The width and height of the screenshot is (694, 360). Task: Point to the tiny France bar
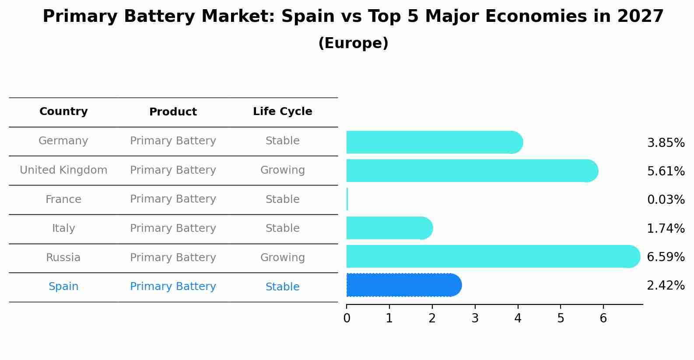pos(347,199)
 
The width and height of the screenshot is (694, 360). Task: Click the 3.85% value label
pos(666,143)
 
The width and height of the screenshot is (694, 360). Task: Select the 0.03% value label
pos(666,200)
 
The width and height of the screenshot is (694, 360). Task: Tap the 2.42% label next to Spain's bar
pos(666,286)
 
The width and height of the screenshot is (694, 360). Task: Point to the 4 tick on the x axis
pos(518,318)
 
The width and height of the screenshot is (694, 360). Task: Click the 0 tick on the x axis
pos(347,318)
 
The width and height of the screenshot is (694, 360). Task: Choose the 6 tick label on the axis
pos(603,318)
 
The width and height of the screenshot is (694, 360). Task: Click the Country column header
pos(63,112)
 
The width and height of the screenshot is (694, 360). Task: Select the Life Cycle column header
pos(282,112)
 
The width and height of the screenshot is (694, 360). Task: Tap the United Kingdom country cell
pos(63,170)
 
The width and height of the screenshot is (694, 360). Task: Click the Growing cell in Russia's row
pos(282,258)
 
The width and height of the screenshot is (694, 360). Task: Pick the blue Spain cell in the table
pos(63,287)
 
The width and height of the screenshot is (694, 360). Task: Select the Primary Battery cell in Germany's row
pos(173,141)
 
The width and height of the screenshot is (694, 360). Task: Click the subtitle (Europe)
pos(353,43)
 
